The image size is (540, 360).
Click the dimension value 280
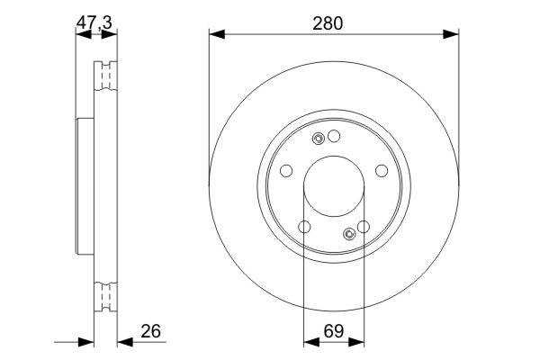pos(328,23)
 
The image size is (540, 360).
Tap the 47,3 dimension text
pos(94,22)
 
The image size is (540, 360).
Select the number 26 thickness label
pos(151,330)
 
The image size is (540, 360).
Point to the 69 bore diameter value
pos(333,330)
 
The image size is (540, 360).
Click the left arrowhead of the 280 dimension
pos(217,34)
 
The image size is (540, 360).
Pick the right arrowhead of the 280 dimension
pos(451,34)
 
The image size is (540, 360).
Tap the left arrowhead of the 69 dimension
pos(311,342)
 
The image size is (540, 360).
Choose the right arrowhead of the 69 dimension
pos(356,342)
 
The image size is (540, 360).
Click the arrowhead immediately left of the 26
pos(125,342)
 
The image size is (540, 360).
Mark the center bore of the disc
pos(334,186)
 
